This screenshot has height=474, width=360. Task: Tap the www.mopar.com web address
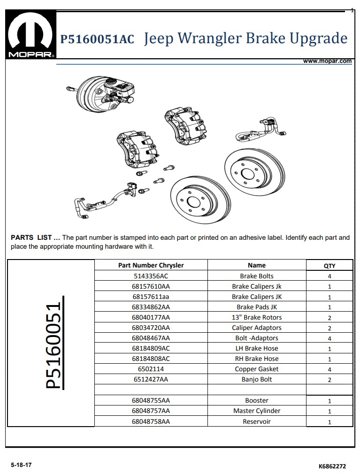click(327, 61)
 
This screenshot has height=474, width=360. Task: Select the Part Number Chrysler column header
click(151, 265)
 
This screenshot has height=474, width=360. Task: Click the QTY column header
click(329, 266)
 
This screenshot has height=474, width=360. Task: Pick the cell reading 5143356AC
click(151, 276)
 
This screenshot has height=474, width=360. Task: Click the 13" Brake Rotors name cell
click(257, 317)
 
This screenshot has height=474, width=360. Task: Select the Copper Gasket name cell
click(257, 369)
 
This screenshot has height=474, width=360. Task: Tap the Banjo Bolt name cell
click(257, 379)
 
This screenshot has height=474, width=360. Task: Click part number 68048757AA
click(151, 411)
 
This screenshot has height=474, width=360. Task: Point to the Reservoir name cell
click(257, 421)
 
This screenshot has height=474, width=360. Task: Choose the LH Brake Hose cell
click(257, 348)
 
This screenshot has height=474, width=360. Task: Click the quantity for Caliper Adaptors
click(329, 328)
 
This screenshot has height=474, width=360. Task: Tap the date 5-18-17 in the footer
click(21, 465)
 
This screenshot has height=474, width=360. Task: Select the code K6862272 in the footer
click(332, 466)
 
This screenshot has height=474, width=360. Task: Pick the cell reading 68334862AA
click(151, 307)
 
